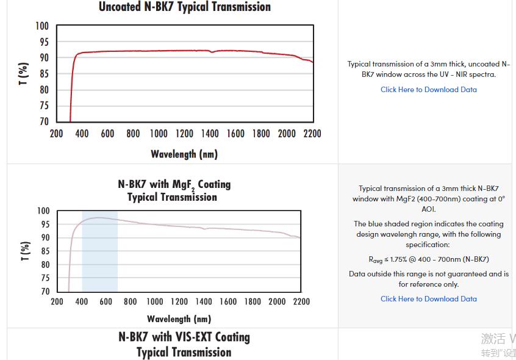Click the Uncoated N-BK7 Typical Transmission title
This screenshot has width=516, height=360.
[x=184, y=7]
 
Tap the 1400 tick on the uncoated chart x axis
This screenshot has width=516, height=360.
[x=210, y=134]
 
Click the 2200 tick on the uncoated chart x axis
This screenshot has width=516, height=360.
[x=312, y=134]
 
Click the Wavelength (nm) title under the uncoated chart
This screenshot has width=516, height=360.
[x=184, y=154]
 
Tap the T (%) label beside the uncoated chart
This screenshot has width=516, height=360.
[x=24, y=74]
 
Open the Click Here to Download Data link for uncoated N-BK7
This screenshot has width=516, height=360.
[x=428, y=90]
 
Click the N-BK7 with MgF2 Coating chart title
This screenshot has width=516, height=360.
[x=174, y=190]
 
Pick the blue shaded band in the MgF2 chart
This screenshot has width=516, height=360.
[x=99, y=256]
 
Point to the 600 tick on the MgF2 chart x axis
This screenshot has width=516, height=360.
[x=106, y=301]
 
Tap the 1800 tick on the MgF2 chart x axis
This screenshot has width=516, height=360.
[x=253, y=301]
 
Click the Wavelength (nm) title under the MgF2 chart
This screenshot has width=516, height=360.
[x=179, y=319]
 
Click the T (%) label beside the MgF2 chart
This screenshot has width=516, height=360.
[x=25, y=251]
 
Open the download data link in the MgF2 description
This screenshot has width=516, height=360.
[x=428, y=299]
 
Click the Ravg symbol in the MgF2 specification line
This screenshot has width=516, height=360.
[x=376, y=260]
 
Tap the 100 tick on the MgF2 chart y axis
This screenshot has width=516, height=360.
[x=43, y=211]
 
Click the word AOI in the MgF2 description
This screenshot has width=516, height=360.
[x=429, y=209]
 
